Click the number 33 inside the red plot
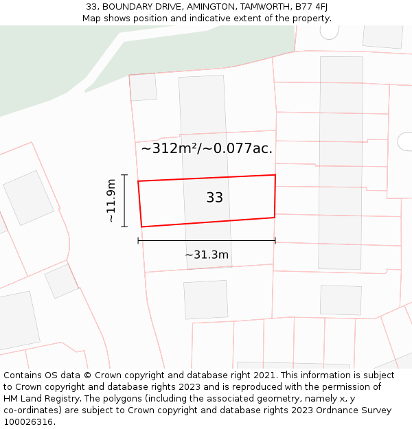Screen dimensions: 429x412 (214, 198)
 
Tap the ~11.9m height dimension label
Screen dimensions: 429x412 (111, 200)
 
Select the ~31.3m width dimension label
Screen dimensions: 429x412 (207, 255)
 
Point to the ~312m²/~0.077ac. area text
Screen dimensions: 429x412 (207, 148)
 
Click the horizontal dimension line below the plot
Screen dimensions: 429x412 (207, 241)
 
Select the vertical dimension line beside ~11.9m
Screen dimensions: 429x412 (124, 200)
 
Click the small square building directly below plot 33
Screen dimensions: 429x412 (205, 299)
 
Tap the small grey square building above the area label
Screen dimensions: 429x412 (144, 87)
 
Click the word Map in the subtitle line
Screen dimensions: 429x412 (92, 19)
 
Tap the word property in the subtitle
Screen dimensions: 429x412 (311, 19)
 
